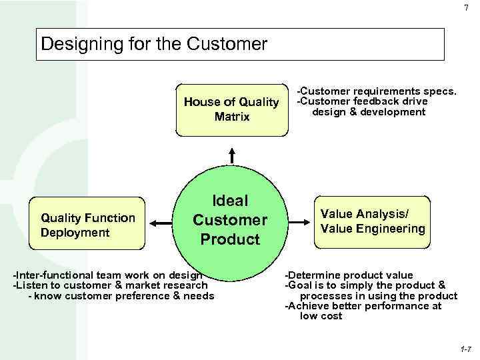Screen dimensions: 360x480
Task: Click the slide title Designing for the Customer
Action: coord(154,45)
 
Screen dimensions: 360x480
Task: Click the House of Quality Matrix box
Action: coord(231,109)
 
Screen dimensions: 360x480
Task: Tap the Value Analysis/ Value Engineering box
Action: coord(371,221)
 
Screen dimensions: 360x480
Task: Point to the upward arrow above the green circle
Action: coord(231,154)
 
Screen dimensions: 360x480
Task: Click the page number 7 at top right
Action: coord(465,8)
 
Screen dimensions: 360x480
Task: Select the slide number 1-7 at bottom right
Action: coord(465,349)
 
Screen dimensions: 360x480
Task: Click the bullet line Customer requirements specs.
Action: coord(377,90)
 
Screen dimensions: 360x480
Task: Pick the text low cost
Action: coord(321,316)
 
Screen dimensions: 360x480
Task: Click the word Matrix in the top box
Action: coord(232,117)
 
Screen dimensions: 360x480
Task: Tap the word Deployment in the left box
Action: coord(75,232)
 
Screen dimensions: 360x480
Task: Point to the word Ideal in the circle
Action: coord(229,201)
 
